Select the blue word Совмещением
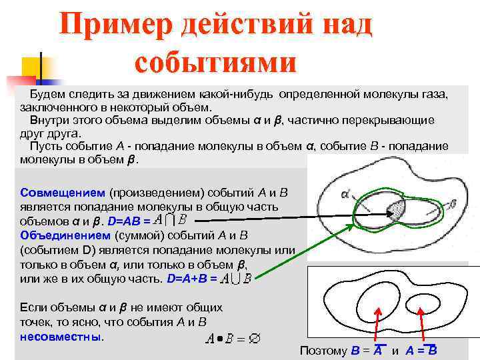(61, 192)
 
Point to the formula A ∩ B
(169, 219)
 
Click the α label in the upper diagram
(345, 194)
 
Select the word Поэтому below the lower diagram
(323, 351)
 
